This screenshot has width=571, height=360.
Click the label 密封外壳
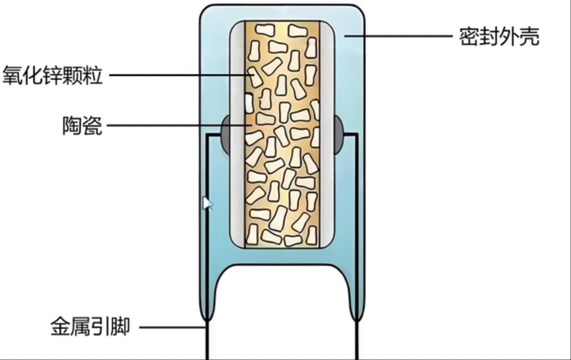coord(499,37)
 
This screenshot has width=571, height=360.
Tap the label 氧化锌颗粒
coord(53,76)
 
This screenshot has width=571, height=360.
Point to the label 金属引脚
coord(90,327)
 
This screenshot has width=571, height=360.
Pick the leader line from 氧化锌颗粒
coord(175,76)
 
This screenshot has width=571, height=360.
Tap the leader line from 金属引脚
coord(171,327)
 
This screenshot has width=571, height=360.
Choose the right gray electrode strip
coord(327,134)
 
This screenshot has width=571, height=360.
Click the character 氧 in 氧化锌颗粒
coord(13,76)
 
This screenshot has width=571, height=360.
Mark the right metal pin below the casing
coord(358,340)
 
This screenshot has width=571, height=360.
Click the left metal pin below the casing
coord(206,340)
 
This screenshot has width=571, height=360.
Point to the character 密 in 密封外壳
coord(469,37)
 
